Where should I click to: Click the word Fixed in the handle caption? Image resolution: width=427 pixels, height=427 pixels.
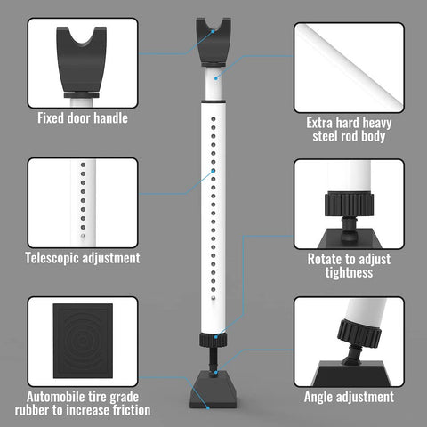tap(51, 118)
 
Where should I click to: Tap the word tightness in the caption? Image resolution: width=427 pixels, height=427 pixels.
tap(349, 272)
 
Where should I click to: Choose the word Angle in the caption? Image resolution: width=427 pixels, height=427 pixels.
tap(319, 397)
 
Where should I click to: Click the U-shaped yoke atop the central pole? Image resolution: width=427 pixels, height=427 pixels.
tap(213, 42)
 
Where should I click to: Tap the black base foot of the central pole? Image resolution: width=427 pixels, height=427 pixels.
tap(213, 389)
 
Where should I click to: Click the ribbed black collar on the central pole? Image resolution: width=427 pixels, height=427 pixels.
tap(213, 340)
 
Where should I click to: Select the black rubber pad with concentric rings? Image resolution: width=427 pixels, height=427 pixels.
tap(83, 341)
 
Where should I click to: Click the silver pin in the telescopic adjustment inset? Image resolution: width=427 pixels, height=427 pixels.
tap(83, 237)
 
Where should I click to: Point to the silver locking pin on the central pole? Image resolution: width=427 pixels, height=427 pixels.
tap(213, 298)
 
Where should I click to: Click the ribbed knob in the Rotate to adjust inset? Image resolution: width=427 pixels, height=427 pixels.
tap(349, 205)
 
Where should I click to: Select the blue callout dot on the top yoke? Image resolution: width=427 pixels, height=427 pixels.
tap(213, 31)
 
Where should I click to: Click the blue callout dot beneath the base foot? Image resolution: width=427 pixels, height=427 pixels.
tap(208, 408)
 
